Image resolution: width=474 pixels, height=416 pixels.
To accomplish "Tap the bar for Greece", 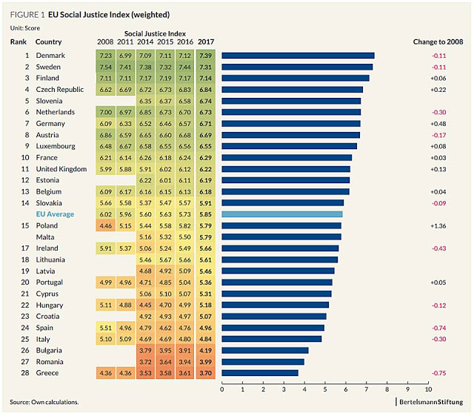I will click(260, 373).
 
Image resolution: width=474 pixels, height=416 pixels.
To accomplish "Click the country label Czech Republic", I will click(61, 89).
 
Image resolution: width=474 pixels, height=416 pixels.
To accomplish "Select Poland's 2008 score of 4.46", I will click(105, 225).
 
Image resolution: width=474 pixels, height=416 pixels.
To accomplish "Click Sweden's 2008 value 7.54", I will click(105, 67).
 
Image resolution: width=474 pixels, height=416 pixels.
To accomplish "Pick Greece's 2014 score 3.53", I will click(145, 373).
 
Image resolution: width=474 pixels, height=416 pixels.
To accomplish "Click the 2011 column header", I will click(125, 42).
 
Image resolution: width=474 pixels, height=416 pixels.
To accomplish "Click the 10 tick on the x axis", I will click(428, 388).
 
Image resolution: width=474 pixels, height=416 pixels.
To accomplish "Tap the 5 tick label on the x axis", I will click(325, 388).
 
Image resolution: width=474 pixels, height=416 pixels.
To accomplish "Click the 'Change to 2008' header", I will click(438, 42).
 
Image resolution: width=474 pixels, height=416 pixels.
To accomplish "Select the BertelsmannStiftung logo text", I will click(430, 402).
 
